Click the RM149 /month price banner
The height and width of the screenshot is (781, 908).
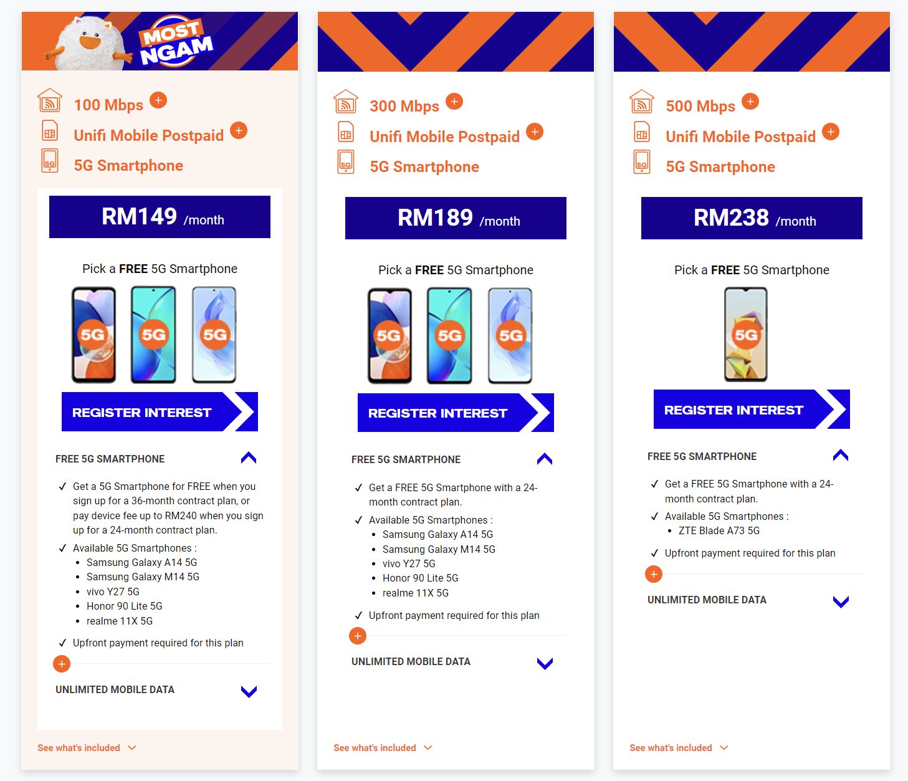(160, 217)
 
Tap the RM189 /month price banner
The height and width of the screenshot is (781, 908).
(456, 218)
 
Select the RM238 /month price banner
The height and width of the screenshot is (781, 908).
(752, 218)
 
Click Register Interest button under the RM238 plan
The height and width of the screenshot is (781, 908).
(750, 410)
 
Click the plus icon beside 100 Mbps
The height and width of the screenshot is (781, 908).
(158, 100)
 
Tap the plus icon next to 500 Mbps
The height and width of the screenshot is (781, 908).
(750, 102)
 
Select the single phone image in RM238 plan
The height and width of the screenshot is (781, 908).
(745, 335)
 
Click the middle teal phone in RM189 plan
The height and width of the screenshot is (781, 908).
(449, 336)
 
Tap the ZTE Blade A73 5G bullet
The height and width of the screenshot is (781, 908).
(719, 530)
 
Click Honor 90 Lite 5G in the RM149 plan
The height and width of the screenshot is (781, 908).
(124, 606)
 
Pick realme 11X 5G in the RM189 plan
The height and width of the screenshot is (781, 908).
(415, 593)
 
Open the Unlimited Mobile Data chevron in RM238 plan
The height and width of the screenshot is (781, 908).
(841, 601)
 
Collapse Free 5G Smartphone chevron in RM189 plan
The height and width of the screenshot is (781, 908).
(544, 459)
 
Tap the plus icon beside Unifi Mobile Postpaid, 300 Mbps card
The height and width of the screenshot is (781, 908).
(535, 132)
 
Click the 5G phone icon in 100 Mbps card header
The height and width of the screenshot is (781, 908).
(50, 161)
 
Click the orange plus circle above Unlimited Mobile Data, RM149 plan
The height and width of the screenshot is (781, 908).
(62, 664)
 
